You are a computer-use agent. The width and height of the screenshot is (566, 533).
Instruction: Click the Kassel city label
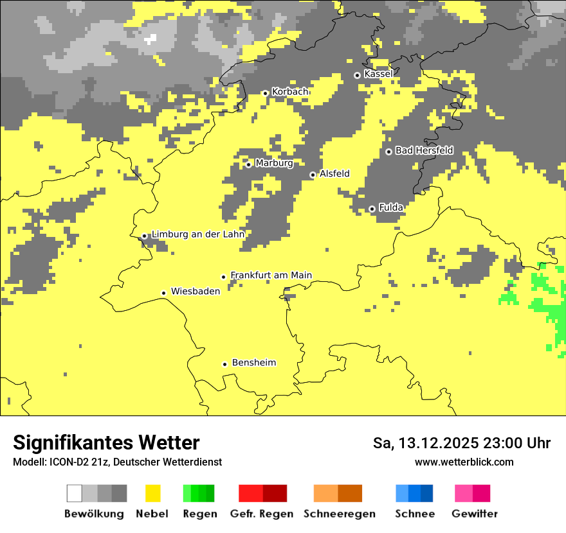coord(378,74)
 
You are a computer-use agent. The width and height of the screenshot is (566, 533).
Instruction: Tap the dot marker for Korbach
coord(265,93)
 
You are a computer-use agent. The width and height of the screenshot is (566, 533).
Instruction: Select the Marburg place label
coord(274,163)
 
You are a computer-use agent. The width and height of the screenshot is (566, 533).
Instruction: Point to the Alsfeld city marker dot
coord(313,175)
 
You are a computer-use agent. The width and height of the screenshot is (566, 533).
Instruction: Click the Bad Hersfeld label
coord(424,150)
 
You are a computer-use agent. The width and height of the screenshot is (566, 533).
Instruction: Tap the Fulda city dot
coord(372,209)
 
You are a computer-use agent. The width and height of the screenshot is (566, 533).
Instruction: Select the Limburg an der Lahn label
coord(197,234)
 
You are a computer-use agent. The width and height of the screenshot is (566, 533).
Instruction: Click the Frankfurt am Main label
coord(271,275)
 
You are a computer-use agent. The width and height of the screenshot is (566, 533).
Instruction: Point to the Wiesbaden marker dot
coord(164,293)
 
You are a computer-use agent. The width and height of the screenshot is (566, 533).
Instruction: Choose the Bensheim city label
coord(253,363)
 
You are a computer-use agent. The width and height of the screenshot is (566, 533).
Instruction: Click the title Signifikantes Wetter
coord(106,443)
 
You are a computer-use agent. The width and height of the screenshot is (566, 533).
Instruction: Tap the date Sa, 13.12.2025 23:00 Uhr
coord(461,443)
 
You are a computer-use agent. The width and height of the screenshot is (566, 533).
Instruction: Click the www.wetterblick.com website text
coord(464,462)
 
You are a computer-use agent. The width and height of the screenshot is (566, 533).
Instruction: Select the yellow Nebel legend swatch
coord(152,493)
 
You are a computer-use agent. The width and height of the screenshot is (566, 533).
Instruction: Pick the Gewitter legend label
coord(475,514)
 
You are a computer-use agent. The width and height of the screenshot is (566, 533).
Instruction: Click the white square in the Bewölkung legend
coord(75,493)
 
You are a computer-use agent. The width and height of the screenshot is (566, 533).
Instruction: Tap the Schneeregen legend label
coord(339,514)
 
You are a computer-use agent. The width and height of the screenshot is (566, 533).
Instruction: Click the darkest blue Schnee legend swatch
coord(427,493)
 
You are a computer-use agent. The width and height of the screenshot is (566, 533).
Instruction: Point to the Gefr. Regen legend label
coord(261,514)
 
